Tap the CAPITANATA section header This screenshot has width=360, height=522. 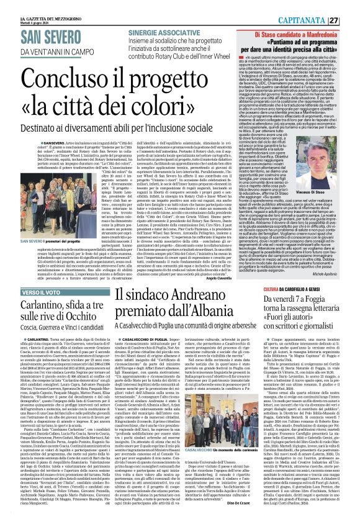click(x=320, y=5)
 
